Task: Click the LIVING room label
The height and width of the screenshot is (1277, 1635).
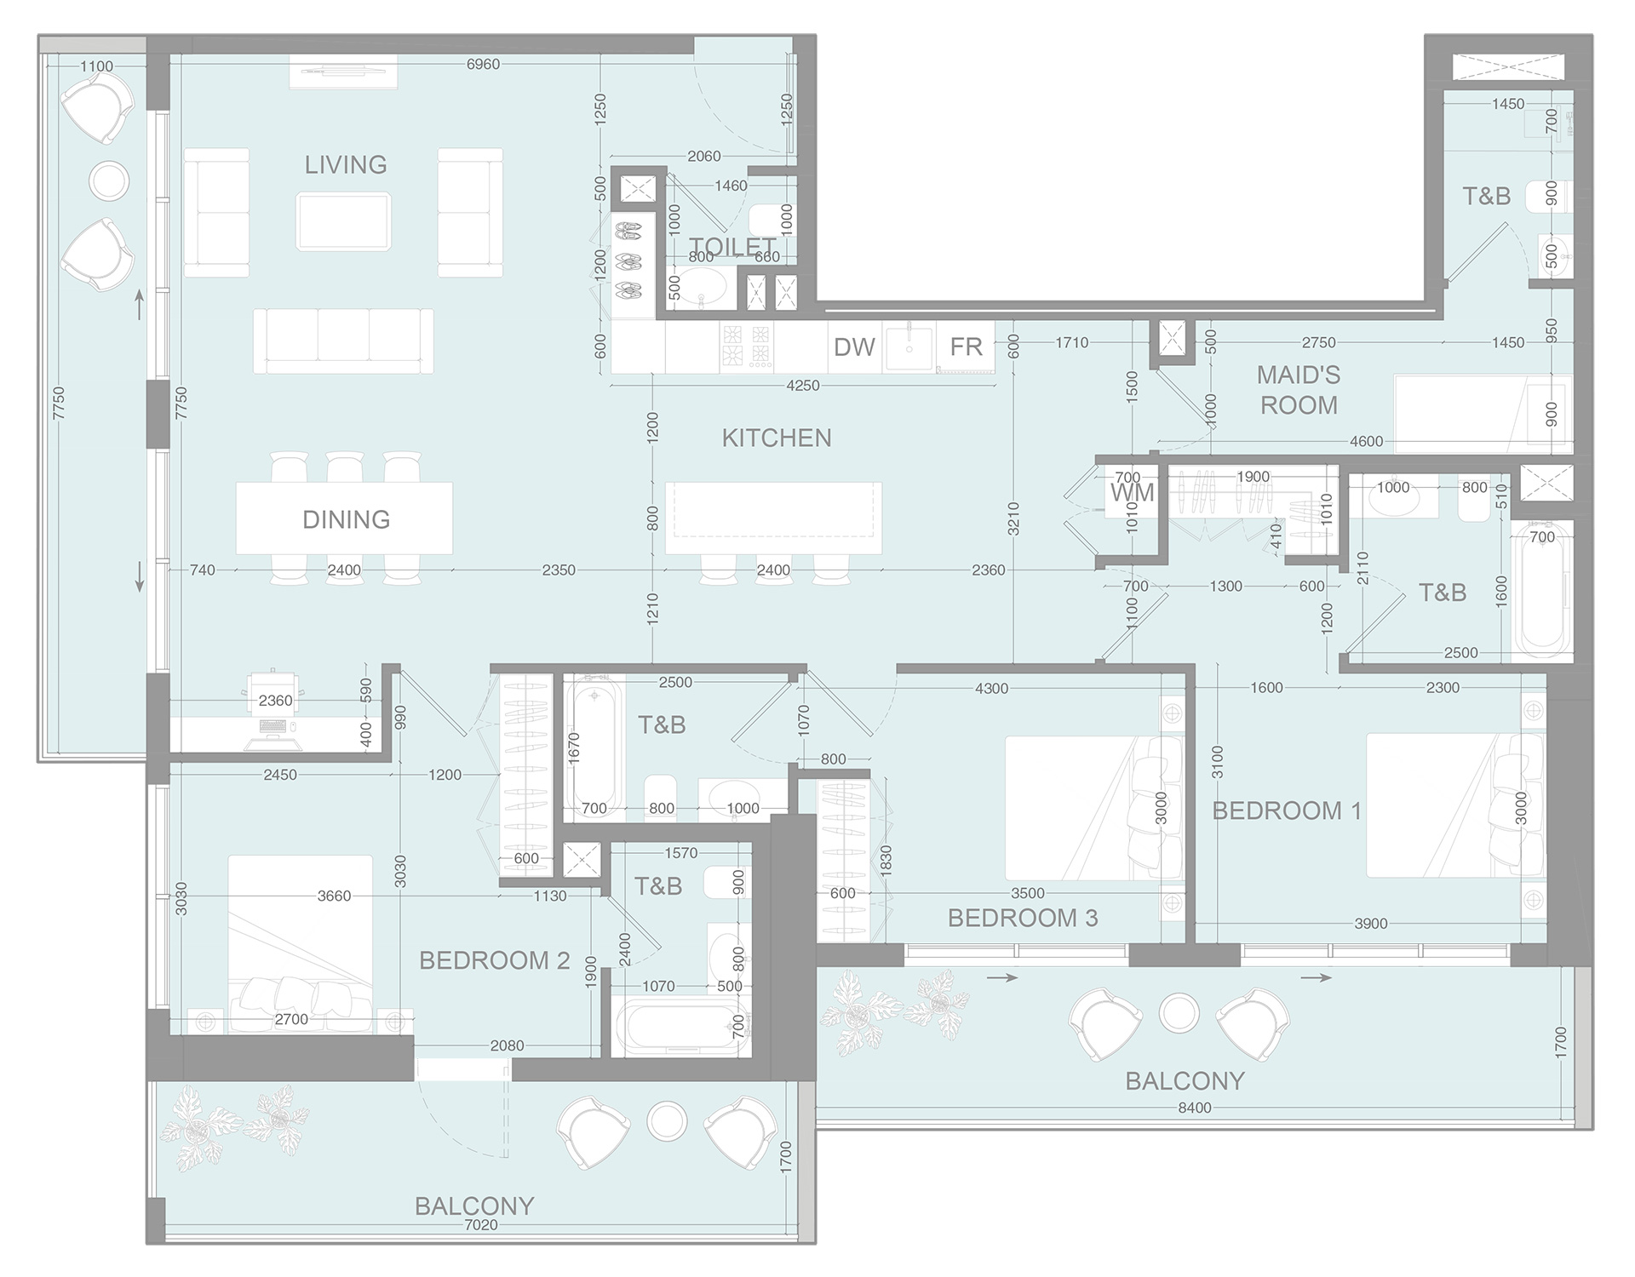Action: click(346, 164)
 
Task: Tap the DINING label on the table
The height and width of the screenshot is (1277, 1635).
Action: click(346, 519)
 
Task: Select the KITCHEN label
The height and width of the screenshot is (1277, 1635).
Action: click(777, 438)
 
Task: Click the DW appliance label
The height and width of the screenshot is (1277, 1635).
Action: click(854, 347)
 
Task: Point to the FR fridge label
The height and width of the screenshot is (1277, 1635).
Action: click(967, 347)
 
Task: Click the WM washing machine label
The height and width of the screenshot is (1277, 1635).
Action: click(1132, 493)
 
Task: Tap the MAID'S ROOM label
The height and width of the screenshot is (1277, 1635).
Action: click(1299, 390)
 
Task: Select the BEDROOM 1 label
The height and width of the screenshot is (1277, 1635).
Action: click(1287, 810)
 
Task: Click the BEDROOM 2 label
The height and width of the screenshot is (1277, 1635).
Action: click(494, 960)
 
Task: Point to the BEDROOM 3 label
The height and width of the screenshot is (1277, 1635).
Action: click(1022, 918)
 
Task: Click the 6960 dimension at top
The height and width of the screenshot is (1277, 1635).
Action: click(483, 65)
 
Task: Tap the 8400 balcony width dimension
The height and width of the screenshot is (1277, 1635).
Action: click(1194, 1108)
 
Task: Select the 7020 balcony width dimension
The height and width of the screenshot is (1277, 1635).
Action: click(481, 1224)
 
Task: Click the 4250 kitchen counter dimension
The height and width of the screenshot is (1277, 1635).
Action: click(802, 386)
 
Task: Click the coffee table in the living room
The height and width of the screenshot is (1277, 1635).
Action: click(344, 221)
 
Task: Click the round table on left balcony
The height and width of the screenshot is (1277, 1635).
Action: click(109, 180)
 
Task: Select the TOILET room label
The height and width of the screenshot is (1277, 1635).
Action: click(731, 247)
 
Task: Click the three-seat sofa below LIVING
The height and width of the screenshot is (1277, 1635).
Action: click(343, 341)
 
